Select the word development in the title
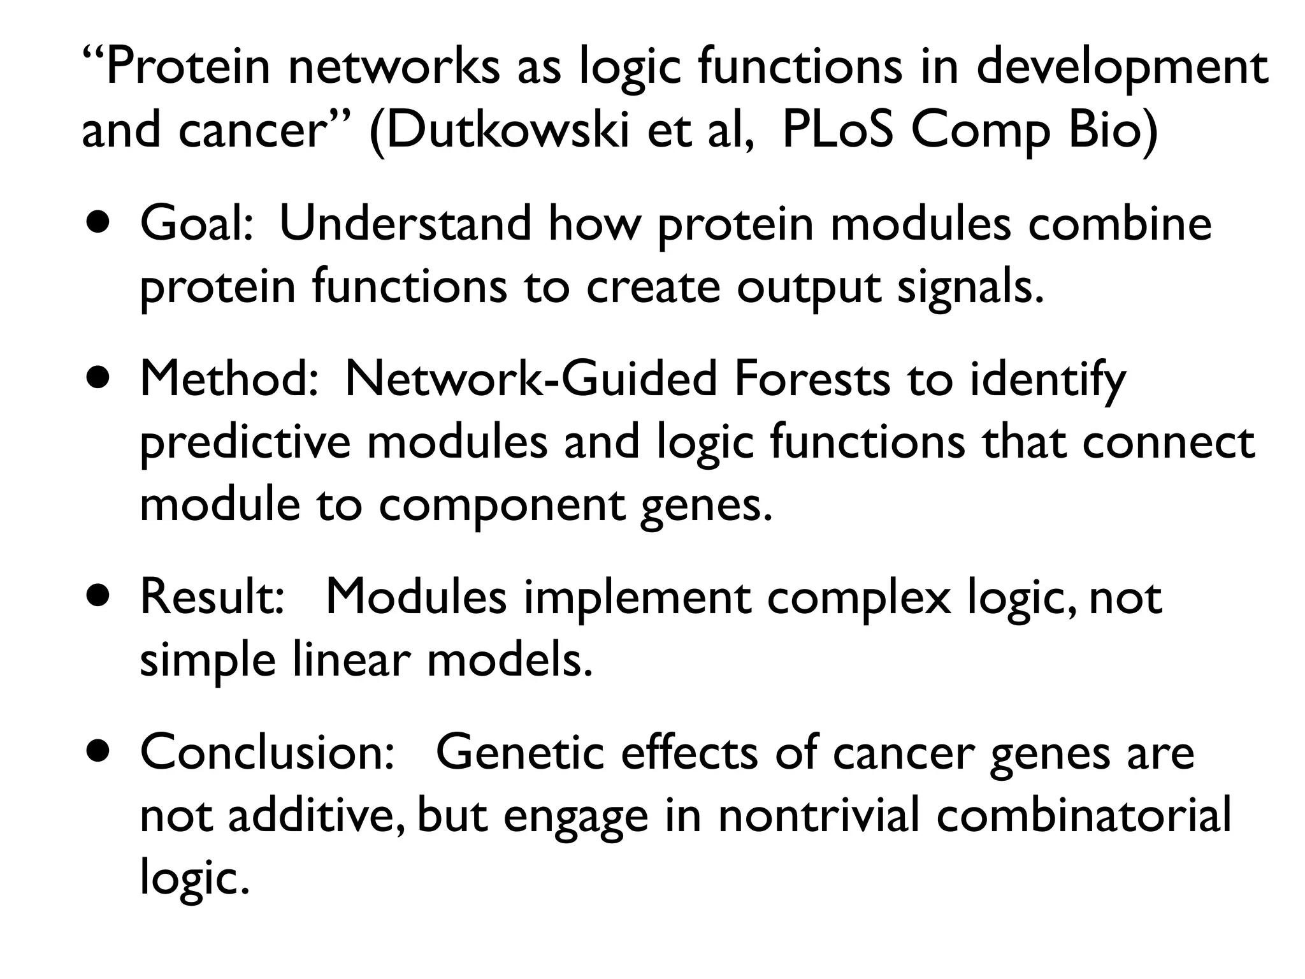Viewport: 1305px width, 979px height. pyautogui.click(x=1122, y=69)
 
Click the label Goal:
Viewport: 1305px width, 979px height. pyautogui.click(x=197, y=224)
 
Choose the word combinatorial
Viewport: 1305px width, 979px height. pyautogui.click(x=1084, y=816)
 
